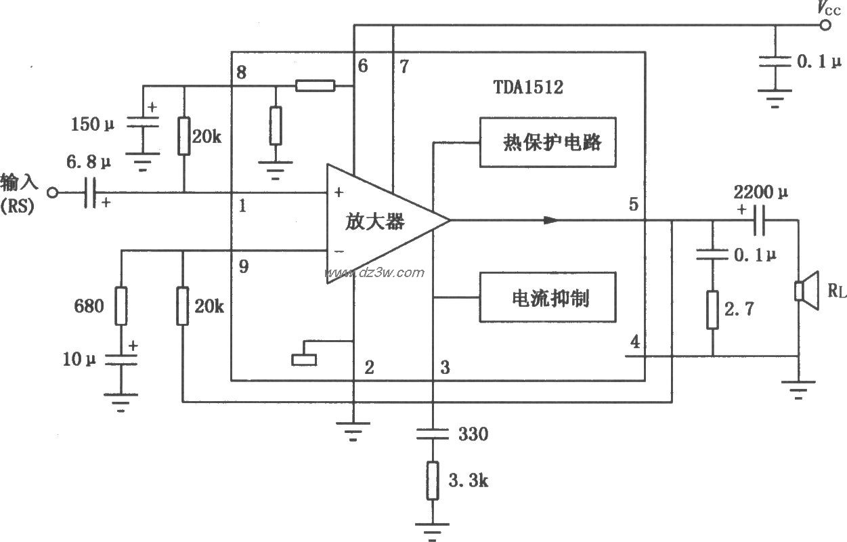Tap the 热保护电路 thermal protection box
(x=548, y=142)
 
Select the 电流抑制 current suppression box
(x=548, y=297)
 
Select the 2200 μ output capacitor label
(x=761, y=192)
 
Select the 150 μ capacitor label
(x=93, y=125)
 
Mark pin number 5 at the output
(x=634, y=204)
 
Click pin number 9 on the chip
(x=243, y=267)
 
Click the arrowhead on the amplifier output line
(x=552, y=220)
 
